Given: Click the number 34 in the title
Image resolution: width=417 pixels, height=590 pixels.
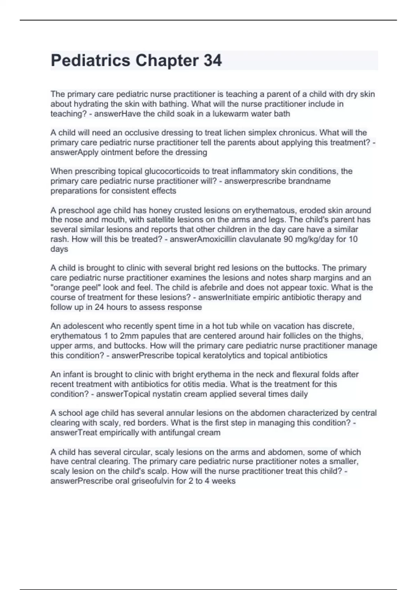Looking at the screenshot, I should [x=213, y=61].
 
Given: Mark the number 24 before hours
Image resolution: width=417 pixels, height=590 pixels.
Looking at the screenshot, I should [x=100, y=307].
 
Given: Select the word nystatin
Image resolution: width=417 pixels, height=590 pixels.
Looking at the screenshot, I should [x=167, y=394].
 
